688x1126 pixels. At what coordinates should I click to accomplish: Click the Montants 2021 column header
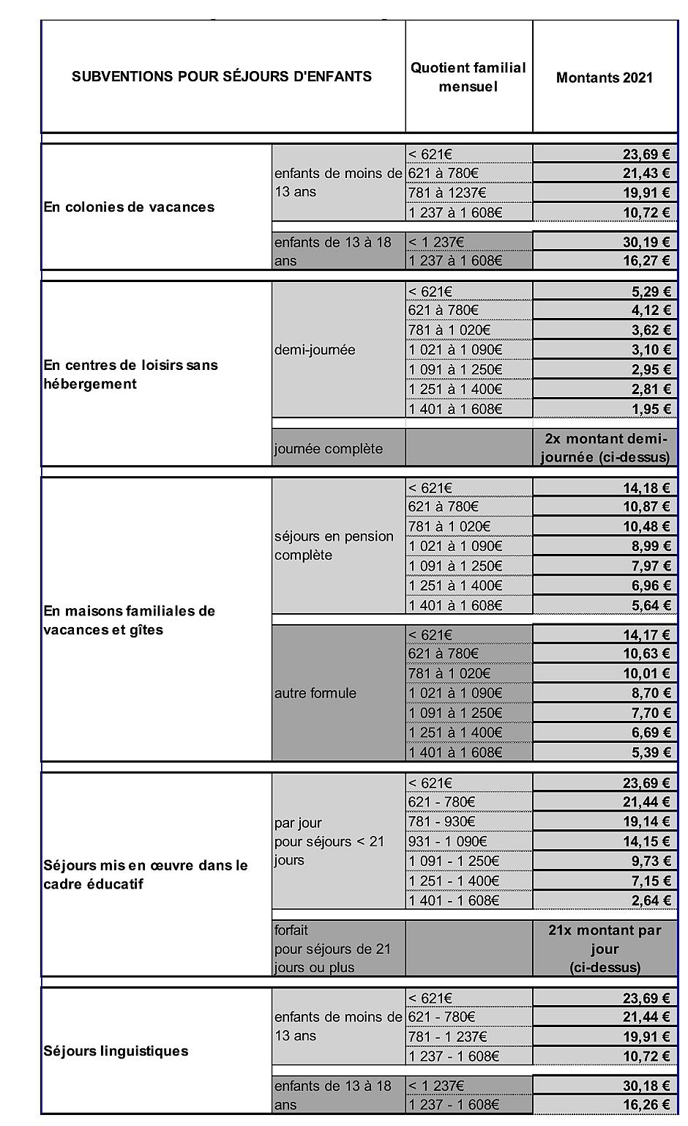click(x=605, y=78)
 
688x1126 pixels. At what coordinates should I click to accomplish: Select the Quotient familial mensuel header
click(x=468, y=77)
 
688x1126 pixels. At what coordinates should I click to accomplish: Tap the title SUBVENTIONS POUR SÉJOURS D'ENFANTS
click(x=222, y=76)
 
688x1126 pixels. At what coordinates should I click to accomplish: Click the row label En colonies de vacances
click(x=129, y=207)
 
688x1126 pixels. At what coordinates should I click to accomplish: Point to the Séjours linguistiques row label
click(x=116, y=1051)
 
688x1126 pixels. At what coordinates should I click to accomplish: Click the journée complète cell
click(x=328, y=448)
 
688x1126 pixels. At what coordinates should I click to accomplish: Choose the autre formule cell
click(x=315, y=693)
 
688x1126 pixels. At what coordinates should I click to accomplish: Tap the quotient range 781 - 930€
click(x=442, y=821)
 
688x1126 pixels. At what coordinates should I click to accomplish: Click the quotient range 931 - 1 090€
click(x=448, y=841)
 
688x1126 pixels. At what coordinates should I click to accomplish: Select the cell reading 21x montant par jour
click(x=605, y=948)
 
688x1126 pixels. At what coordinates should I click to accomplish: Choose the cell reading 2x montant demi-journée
click(x=605, y=448)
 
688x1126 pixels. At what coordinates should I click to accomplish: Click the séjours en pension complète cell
click(x=334, y=546)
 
